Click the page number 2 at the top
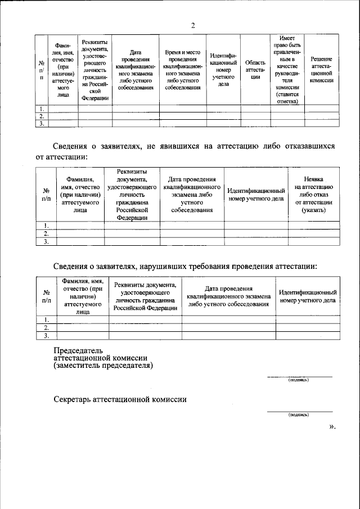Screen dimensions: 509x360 [192, 25]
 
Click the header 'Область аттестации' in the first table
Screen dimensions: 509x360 [255, 70]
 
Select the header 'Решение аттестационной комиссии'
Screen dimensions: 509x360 [322, 70]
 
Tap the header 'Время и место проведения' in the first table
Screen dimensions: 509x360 [182, 70]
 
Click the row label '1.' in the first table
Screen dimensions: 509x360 [42, 108]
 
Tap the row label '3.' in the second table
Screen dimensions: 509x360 [47, 242]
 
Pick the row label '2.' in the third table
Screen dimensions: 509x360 [47, 327]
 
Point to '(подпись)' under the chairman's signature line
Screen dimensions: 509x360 [298, 380]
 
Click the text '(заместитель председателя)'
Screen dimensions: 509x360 [103, 365]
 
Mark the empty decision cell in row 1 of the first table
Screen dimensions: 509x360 [322, 108]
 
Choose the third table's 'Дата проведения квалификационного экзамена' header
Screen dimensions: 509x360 [228, 296]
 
